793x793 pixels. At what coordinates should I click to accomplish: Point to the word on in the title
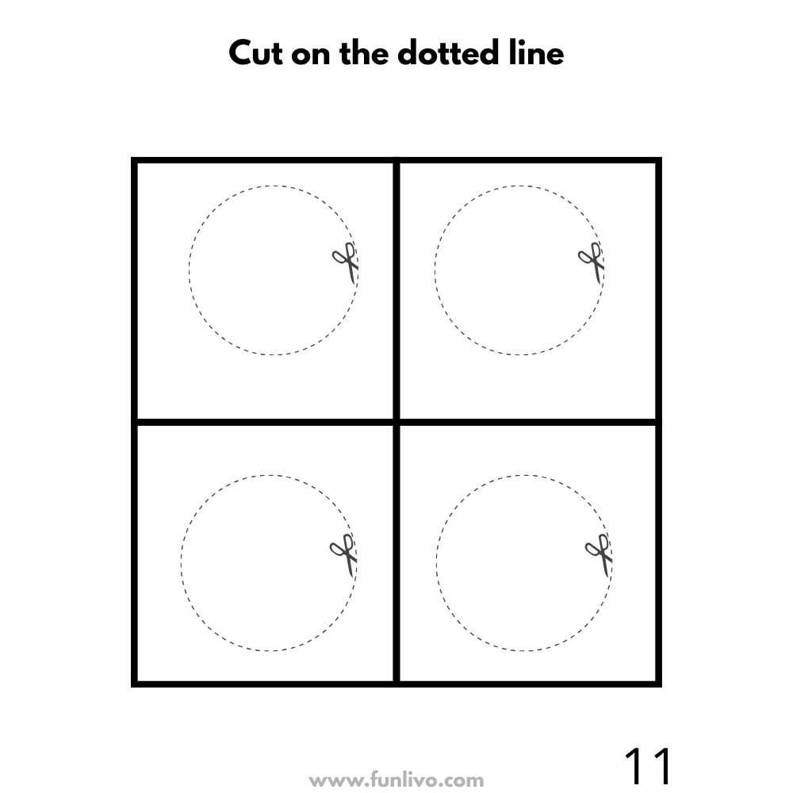click(x=311, y=56)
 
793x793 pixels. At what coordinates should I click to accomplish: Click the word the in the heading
click(x=364, y=52)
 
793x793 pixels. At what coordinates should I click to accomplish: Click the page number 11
click(x=648, y=766)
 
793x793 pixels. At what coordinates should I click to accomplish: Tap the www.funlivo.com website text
click(x=396, y=780)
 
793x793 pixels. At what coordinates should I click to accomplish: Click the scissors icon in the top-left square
click(x=346, y=262)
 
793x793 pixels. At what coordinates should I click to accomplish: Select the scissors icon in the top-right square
click(x=592, y=262)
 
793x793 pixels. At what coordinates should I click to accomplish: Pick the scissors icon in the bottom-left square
click(x=344, y=554)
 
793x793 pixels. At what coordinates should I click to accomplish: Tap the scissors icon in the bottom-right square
click(x=600, y=554)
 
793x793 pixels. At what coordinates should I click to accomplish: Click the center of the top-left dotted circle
click(x=274, y=270)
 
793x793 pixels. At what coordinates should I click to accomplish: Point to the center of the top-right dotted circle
click(x=519, y=270)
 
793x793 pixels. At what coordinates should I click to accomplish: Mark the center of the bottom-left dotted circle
click(x=269, y=563)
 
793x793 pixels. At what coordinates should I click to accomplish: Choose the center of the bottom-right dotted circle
click(x=524, y=563)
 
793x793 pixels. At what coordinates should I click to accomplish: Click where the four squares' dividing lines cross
click(x=396, y=422)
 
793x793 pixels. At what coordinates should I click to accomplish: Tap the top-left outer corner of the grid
click(x=131, y=157)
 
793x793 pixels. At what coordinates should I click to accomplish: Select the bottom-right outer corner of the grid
click(x=661, y=687)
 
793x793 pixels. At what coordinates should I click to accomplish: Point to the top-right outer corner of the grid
click(x=661, y=157)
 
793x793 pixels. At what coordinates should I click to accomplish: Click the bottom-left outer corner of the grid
click(x=131, y=687)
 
